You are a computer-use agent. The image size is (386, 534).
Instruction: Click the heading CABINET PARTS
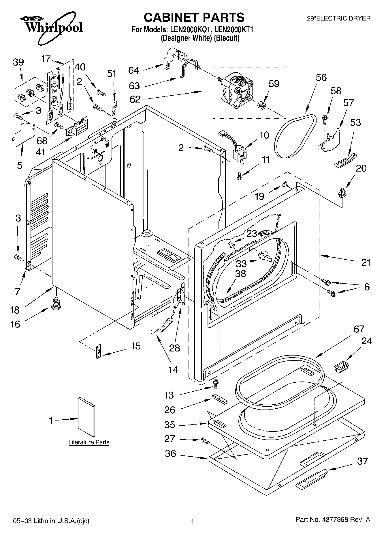(x=194, y=17)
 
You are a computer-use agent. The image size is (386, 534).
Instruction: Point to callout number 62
(x=135, y=99)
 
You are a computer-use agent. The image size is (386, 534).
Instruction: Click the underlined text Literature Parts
(x=89, y=442)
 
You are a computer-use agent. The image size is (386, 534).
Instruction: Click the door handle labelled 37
(x=311, y=479)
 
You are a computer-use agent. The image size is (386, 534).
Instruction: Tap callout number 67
(x=359, y=329)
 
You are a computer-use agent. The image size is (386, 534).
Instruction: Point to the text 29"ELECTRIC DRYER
(x=339, y=18)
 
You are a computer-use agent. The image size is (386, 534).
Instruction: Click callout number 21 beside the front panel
(x=366, y=263)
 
